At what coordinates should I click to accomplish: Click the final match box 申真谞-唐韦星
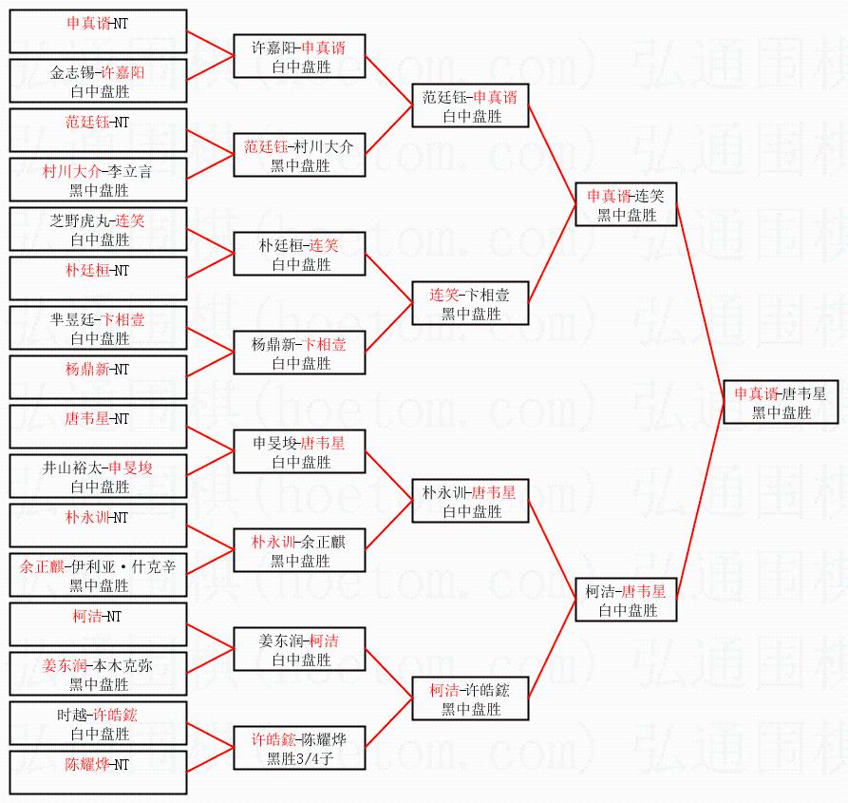click(781, 402)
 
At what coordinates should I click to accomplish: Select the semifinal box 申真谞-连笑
click(626, 205)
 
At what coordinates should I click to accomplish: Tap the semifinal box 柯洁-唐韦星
click(626, 601)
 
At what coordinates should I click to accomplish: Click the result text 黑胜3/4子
click(299, 758)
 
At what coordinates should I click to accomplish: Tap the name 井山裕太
click(73, 468)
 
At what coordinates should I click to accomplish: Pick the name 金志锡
click(73, 72)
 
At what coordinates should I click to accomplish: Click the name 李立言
click(130, 171)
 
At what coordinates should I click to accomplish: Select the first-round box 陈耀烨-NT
click(98, 772)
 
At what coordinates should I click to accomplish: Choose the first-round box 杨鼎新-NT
click(98, 377)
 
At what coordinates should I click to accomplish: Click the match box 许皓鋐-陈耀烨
click(299, 749)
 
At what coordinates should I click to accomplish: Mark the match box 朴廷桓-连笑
click(299, 255)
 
